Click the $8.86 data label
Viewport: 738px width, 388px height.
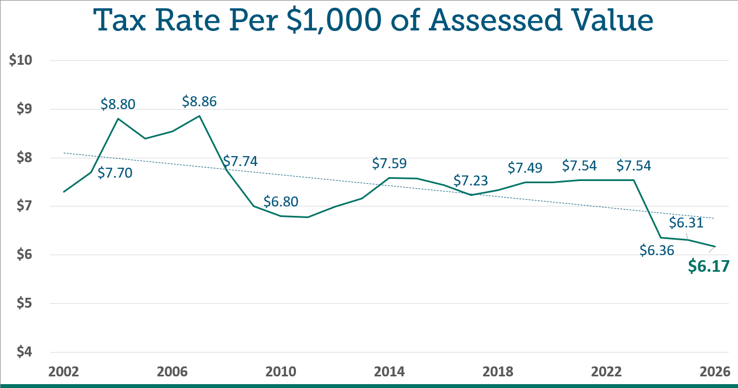click(199, 102)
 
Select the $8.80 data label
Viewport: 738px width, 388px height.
click(118, 104)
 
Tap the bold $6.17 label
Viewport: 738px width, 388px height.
click(709, 266)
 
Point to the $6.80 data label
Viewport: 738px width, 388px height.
click(280, 201)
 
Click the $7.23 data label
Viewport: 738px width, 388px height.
click(471, 180)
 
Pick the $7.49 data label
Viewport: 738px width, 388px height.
click(525, 168)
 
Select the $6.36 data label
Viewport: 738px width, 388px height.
click(657, 250)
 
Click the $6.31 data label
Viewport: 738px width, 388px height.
click(686, 223)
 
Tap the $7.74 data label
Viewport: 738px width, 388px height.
click(240, 162)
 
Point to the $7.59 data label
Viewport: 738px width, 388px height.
click(389, 164)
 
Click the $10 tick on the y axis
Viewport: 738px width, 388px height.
click(22, 61)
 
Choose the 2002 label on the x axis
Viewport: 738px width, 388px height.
click(64, 370)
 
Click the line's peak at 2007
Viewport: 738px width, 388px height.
click(199, 116)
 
